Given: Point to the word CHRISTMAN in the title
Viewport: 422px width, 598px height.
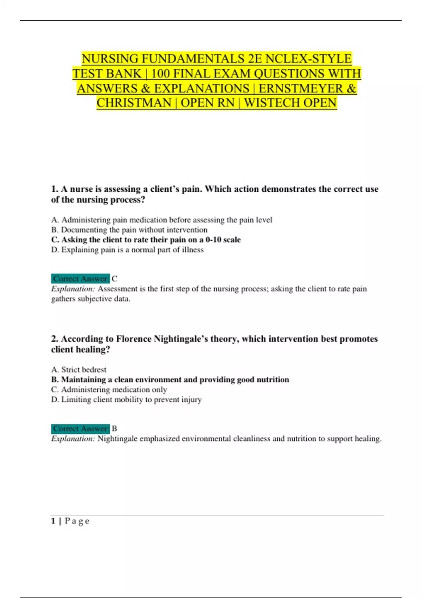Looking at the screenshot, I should [x=134, y=103].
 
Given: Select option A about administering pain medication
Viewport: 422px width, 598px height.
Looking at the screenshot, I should [x=162, y=220].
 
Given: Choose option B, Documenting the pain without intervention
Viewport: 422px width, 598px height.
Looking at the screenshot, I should [x=129, y=230].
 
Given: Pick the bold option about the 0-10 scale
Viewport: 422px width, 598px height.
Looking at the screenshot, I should [x=146, y=240].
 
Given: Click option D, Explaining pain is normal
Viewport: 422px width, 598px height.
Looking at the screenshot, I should [x=127, y=250].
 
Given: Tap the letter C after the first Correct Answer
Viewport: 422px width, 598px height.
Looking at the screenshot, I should [x=114, y=279].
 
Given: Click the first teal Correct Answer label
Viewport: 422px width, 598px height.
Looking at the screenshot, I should [x=81, y=279].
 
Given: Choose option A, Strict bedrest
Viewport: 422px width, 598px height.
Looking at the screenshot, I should [x=79, y=370].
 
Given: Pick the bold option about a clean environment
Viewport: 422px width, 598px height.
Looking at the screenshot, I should [x=170, y=380].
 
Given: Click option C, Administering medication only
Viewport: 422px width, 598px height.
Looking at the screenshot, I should [x=109, y=390].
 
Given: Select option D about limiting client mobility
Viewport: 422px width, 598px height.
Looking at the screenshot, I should [x=126, y=400].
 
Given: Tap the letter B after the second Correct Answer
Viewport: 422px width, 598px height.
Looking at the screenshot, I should [x=114, y=429].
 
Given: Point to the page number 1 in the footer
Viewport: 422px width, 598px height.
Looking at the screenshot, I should [x=53, y=521].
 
